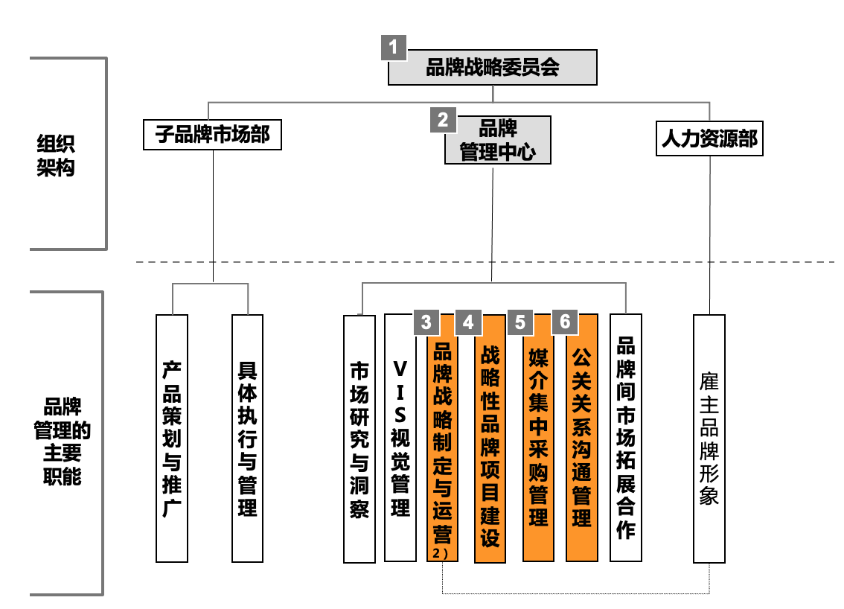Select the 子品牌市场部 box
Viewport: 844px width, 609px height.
212,135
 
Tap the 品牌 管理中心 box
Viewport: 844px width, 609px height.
497,140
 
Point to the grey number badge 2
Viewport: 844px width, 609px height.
444,119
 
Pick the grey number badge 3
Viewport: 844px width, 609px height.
426,322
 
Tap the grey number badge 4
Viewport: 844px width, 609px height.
468,322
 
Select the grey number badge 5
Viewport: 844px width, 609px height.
520,322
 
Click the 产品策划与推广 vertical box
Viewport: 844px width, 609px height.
172,438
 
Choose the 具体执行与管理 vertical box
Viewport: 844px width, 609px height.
247,438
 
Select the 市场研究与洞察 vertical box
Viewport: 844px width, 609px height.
359,439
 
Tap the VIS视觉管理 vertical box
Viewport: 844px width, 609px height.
400,438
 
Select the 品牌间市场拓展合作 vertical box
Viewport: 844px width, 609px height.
626,438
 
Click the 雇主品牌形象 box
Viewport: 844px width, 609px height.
709,438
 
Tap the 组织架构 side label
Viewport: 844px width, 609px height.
56,155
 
